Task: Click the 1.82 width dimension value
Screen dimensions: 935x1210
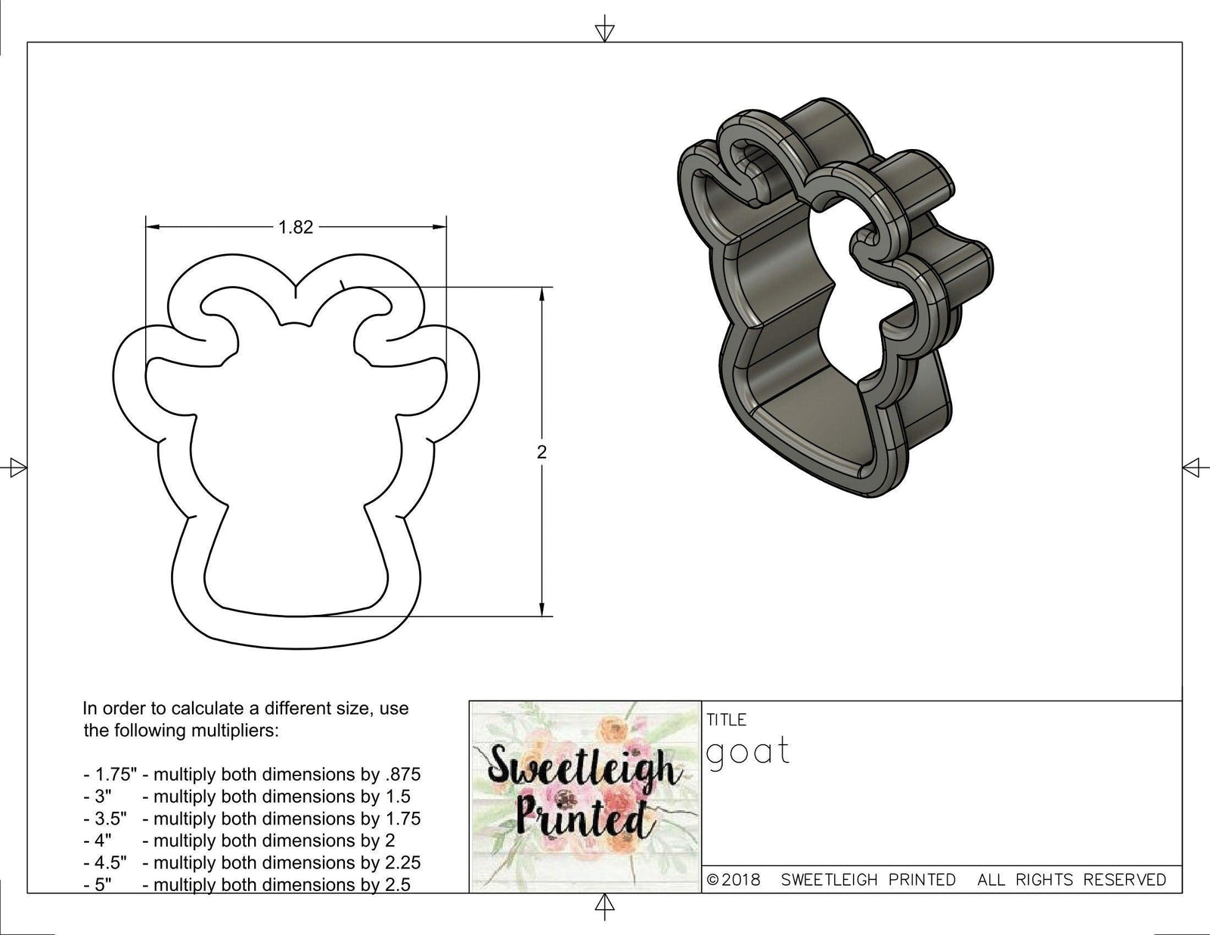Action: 296,227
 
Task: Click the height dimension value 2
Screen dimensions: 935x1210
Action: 541,452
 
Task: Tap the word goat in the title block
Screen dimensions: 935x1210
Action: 748,753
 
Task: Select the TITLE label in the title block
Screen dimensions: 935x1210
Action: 726,719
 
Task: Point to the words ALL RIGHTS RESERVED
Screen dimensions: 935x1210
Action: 1072,880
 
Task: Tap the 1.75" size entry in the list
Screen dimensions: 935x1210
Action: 110,775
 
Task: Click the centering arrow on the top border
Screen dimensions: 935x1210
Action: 604,32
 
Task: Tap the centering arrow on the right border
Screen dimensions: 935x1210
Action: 1193,467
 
